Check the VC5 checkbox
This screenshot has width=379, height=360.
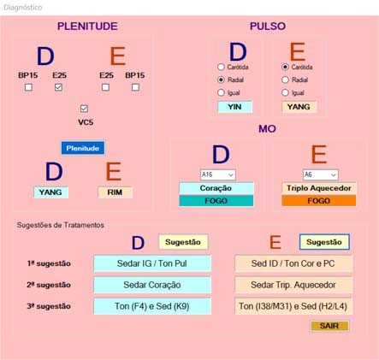click(x=84, y=109)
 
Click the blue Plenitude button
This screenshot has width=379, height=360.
click(x=83, y=148)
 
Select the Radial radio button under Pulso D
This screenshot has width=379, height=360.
click(x=221, y=80)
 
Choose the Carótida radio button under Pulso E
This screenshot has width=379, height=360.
click(x=285, y=67)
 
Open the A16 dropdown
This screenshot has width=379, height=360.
click(x=218, y=174)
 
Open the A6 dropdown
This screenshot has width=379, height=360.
click(x=321, y=174)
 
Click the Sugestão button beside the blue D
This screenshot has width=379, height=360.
click(x=183, y=242)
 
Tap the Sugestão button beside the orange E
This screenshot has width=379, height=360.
click(x=324, y=242)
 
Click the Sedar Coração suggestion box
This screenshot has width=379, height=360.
click(x=152, y=285)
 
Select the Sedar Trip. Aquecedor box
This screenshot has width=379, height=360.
click(x=293, y=285)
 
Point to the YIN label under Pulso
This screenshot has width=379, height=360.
click(x=234, y=107)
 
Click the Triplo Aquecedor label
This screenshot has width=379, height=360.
click(x=319, y=188)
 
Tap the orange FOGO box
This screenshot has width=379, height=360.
click(x=319, y=201)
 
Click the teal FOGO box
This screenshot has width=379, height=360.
click(x=216, y=201)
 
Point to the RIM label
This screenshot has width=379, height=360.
click(x=115, y=192)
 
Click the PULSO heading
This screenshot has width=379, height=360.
click(x=268, y=27)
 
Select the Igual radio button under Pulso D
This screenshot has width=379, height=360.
click(x=221, y=92)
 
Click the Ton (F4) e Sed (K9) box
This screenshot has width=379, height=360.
click(x=152, y=306)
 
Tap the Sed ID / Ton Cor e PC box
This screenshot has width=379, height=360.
click(x=293, y=263)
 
